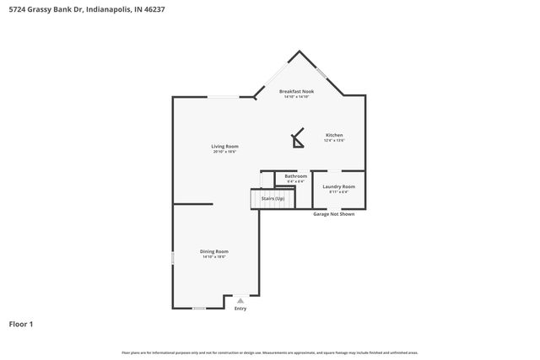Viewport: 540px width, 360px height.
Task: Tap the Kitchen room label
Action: click(334, 135)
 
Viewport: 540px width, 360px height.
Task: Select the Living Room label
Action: click(224, 146)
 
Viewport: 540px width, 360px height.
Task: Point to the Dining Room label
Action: click(214, 251)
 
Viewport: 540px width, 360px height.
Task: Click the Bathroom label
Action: click(295, 175)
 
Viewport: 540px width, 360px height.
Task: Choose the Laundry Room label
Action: click(338, 186)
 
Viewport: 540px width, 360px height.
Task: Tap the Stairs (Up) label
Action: click(273, 198)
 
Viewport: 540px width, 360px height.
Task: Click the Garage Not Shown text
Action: click(334, 214)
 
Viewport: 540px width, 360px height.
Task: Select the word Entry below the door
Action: click(240, 309)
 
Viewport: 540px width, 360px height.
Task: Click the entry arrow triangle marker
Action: click(240, 300)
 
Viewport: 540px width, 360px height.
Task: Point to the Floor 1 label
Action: click(20, 324)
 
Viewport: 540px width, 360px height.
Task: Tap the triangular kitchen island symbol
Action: click(297, 138)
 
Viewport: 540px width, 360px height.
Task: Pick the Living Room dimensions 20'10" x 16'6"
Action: click(224, 152)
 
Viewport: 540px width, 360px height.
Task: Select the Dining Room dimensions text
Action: click(214, 256)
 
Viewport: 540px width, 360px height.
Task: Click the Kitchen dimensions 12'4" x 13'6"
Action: click(334, 141)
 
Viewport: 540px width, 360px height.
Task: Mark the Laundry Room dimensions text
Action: click(338, 191)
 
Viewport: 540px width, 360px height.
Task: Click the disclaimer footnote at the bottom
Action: click(269, 352)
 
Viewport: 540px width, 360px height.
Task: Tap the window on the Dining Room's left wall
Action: click(173, 258)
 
